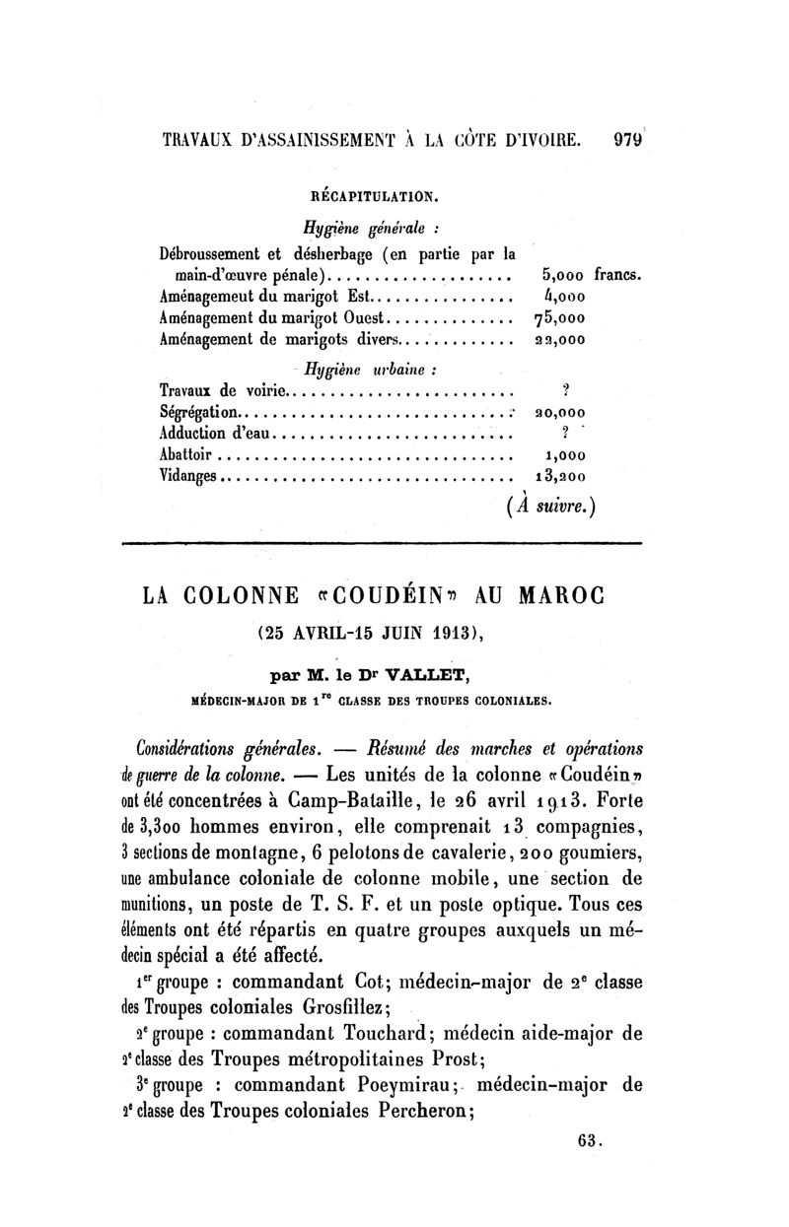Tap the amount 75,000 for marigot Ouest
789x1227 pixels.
pos(560,318)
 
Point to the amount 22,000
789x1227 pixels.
pos(559,341)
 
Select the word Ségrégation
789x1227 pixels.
pos(198,411)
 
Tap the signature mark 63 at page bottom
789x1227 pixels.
pos(591,1141)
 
